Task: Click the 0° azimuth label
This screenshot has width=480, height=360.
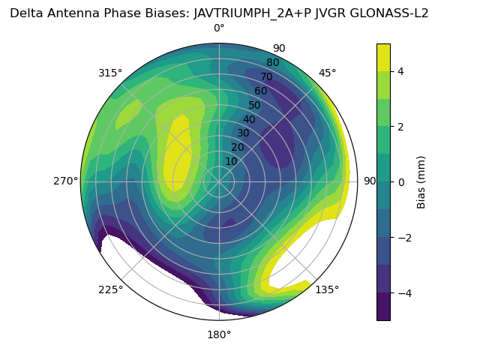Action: click(219, 28)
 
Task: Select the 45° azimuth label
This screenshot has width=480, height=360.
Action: click(328, 73)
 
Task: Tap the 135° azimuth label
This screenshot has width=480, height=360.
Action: click(327, 289)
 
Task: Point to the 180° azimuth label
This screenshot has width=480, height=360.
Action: click(219, 334)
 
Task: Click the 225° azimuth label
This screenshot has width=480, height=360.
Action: click(110, 289)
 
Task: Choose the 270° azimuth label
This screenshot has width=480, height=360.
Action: click(66, 181)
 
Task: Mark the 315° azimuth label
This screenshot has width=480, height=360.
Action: click(110, 73)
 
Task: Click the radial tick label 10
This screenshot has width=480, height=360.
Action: click(231, 161)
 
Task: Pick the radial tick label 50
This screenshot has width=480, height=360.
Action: click(255, 106)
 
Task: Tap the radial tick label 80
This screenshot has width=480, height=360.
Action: click(272, 62)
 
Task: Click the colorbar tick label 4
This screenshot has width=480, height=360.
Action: click(400, 71)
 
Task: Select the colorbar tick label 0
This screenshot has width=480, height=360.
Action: click(400, 181)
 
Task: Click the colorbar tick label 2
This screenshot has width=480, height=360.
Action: click(400, 127)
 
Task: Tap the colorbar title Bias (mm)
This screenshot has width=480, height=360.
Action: click(421, 181)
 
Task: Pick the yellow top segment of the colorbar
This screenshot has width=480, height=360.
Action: click(383, 57)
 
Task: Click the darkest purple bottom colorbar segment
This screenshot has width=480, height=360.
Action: click(383, 306)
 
